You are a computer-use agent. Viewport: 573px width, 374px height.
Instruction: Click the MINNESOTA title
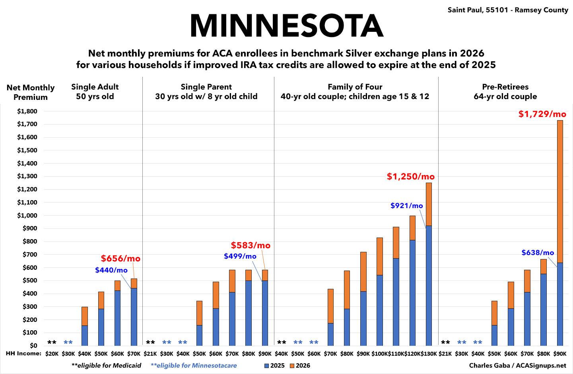click(x=286, y=25)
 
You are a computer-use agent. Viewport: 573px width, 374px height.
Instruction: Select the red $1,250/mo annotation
click(x=411, y=176)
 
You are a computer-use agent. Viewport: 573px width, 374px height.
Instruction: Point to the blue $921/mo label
click(x=407, y=206)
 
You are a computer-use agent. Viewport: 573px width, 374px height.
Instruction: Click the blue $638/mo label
click(x=538, y=253)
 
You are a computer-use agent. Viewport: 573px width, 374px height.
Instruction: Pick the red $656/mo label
click(x=120, y=259)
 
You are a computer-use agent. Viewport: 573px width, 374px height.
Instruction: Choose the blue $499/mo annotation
click(x=240, y=256)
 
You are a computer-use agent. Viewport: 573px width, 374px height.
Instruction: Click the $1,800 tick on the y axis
click(x=27, y=111)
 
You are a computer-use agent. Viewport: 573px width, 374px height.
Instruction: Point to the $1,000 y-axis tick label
click(x=27, y=216)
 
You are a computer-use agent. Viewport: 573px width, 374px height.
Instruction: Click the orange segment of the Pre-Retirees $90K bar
click(x=560, y=191)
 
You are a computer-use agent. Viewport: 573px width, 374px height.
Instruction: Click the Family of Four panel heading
click(x=355, y=92)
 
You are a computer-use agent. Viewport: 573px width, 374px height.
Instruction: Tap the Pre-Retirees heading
click(x=505, y=92)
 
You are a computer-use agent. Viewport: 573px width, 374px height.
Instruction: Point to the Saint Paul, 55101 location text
click(x=508, y=10)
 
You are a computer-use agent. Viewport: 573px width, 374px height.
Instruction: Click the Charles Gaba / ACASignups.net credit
click(x=517, y=365)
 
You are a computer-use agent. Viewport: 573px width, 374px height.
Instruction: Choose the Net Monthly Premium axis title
click(x=31, y=92)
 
